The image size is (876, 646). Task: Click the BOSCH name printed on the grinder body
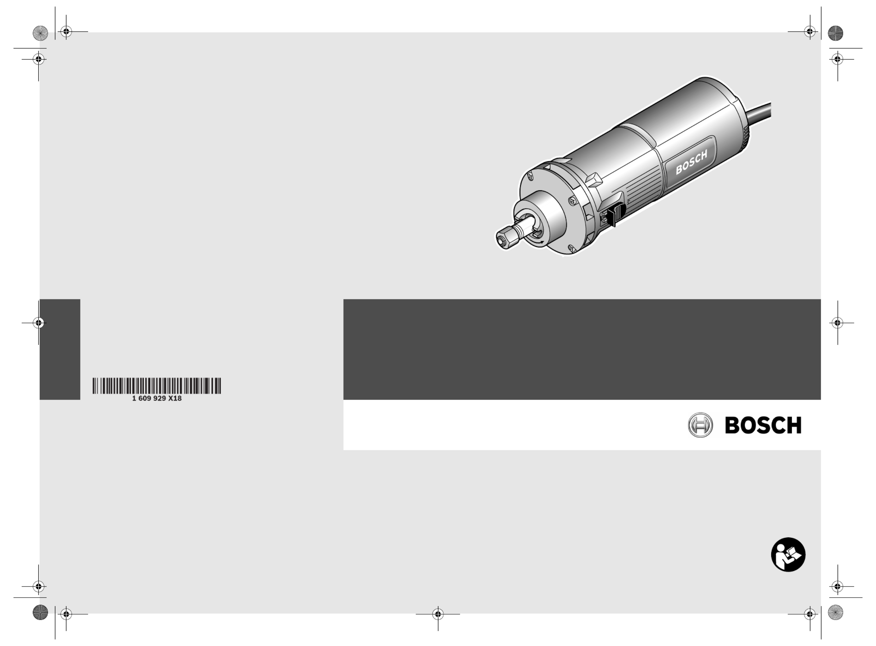(x=691, y=162)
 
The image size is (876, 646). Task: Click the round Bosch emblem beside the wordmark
(x=700, y=425)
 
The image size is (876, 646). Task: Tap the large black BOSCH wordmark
(x=763, y=425)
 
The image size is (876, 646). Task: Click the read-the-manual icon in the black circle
(x=788, y=554)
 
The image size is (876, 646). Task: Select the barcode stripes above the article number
(x=157, y=386)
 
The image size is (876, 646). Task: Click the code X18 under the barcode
(x=175, y=398)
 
